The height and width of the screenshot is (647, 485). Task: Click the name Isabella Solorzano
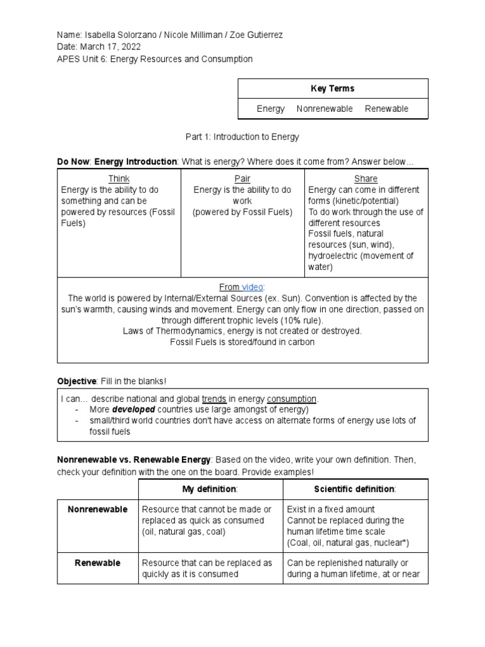click(x=118, y=34)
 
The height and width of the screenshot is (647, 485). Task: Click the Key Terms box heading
click(x=333, y=88)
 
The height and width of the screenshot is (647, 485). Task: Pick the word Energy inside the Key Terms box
click(x=270, y=109)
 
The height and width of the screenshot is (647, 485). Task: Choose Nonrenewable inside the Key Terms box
click(x=325, y=109)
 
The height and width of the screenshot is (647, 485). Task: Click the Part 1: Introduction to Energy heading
click(x=242, y=136)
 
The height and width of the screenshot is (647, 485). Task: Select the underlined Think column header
click(x=119, y=179)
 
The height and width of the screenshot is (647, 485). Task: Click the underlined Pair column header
click(x=242, y=179)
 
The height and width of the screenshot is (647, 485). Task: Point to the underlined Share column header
click(x=366, y=179)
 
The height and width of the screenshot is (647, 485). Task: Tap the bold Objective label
click(x=76, y=381)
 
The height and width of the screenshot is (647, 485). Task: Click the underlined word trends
click(x=214, y=399)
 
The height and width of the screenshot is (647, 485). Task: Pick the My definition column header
click(x=210, y=489)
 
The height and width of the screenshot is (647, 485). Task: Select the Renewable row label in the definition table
click(x=97, y=562)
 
